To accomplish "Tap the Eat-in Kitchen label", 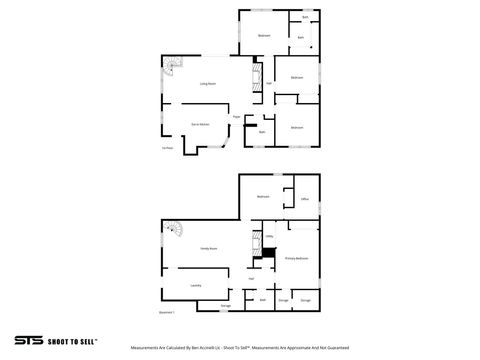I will [x=200, y=125].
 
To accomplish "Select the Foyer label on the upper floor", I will [x=236, y=117].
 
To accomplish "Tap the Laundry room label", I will [x=196, y=286].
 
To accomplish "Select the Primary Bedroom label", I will [x=296, y=259].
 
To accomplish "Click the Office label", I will [x=304, y=199].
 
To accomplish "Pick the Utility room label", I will [x=269, y=236].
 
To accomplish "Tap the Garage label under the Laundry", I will [x=226, y=305].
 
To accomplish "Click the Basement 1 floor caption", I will [x=167, y=313].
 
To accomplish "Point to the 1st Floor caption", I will [x=168, y=149].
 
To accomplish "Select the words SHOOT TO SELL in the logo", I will [x=71, y=340].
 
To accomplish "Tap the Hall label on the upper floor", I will [x=269, y=83].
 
